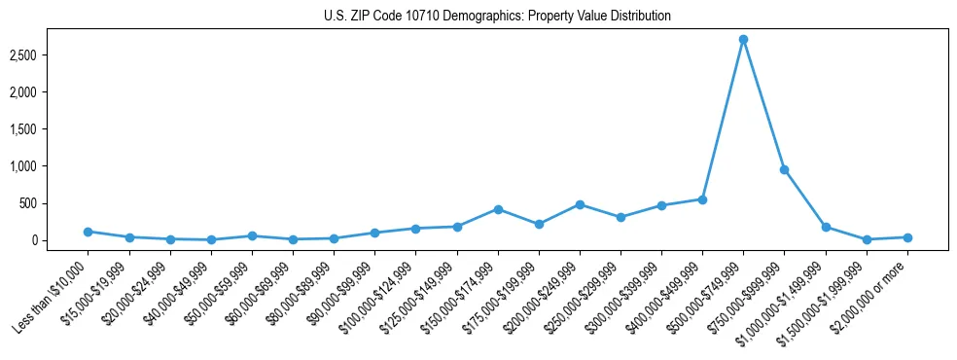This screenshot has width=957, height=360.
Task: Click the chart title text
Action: point(498,17)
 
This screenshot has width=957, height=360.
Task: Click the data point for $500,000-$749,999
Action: point(743,40)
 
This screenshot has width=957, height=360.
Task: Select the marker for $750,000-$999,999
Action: point(784,170)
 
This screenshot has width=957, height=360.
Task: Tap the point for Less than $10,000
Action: point(89,232)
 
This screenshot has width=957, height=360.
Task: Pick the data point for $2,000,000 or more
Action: point(906,237)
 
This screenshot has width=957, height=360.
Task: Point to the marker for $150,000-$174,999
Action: point(498,209)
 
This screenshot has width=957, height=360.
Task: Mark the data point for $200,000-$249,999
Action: point(580,204)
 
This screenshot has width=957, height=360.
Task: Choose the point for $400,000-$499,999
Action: point(702,199)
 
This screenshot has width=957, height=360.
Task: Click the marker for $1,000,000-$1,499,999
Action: point(826,227)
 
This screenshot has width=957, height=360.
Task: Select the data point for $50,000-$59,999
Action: point(252,235)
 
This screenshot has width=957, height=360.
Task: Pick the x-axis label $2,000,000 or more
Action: point(870,296)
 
